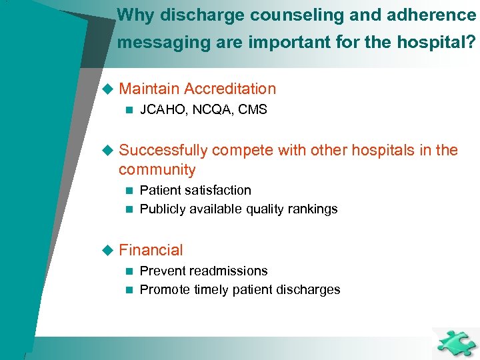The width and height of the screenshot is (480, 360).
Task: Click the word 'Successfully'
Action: pos(162,150)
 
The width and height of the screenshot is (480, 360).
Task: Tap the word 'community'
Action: pos(157,169)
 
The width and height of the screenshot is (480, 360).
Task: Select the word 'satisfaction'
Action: pos(215,191)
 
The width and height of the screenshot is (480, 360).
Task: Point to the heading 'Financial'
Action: pos(151,250)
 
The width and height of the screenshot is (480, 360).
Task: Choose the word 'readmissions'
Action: pos(229,271)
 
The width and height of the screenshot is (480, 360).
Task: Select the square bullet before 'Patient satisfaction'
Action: pos(129,191)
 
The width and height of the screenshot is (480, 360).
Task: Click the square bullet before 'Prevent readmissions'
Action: pos(129,271)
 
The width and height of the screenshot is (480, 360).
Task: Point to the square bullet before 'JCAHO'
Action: pos(129,110)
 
